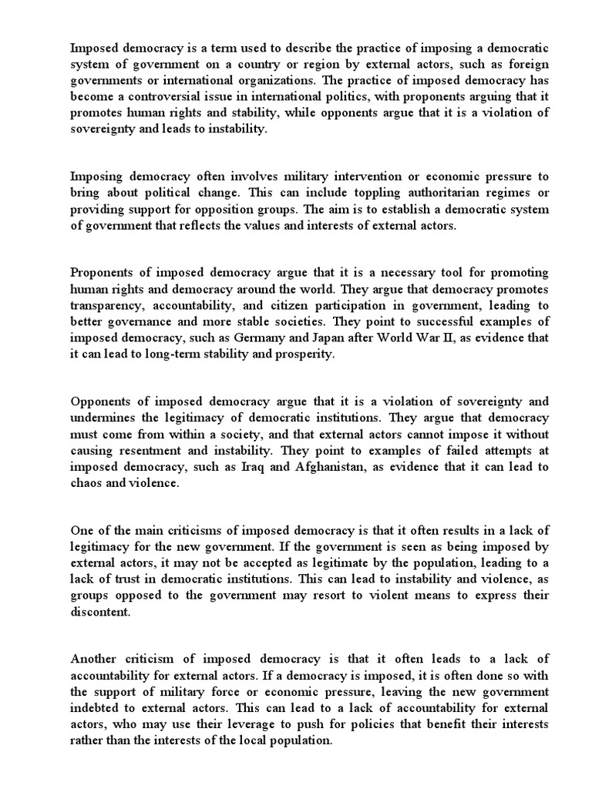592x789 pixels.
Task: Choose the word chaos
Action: point(87,482)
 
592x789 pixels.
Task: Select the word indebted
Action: point(95,708)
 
